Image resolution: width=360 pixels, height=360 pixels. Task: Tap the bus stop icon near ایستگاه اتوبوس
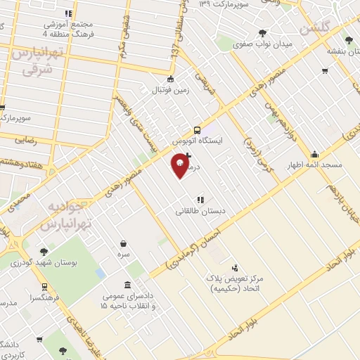pos(198,129)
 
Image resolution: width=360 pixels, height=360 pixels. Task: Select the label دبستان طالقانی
pos(200,210)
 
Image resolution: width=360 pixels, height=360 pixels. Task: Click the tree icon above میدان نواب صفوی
pos(263,32)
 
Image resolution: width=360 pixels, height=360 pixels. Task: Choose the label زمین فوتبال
pos(169,90)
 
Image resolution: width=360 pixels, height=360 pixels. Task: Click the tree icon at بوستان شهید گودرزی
pos(44,252)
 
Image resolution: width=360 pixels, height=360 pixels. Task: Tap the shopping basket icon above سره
pos(124,244)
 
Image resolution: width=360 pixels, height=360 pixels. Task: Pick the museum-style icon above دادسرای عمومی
pos(127,285)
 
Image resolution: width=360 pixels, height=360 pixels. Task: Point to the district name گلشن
pos(314,30)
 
